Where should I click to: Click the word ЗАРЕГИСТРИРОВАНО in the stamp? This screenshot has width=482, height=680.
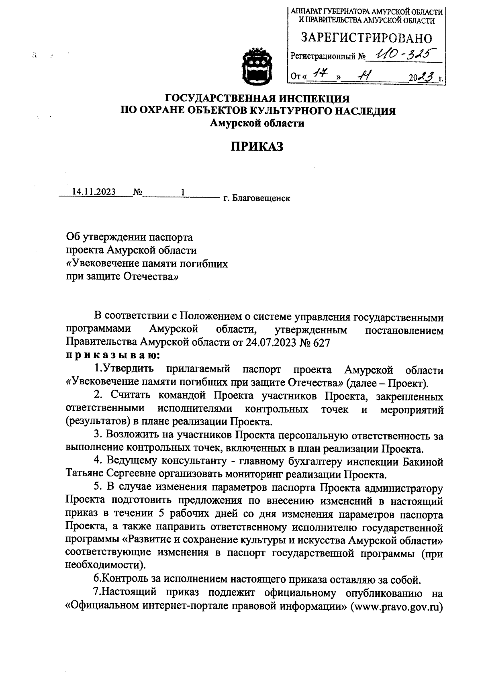coord(366,38)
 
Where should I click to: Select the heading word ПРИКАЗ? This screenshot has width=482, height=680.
coord(257,147)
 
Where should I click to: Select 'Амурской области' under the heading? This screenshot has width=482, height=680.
coord(257,124)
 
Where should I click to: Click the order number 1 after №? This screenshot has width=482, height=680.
coord(182,192)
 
